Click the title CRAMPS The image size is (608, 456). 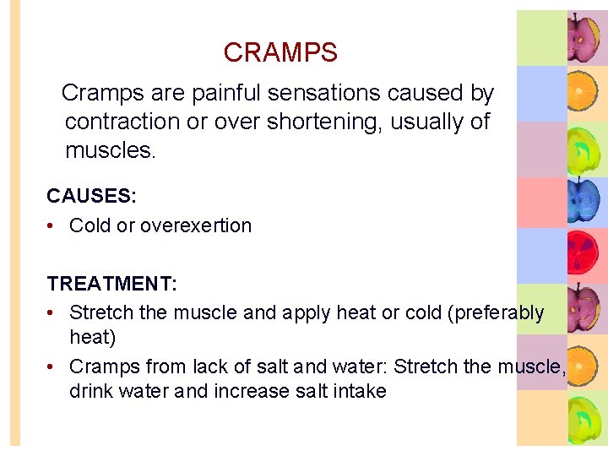click(280, 52)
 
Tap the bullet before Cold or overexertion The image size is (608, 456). click(52, 226)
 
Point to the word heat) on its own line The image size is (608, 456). click(92, 337)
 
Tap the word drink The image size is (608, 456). click(92, 391)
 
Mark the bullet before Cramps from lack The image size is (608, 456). click(52, 367)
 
